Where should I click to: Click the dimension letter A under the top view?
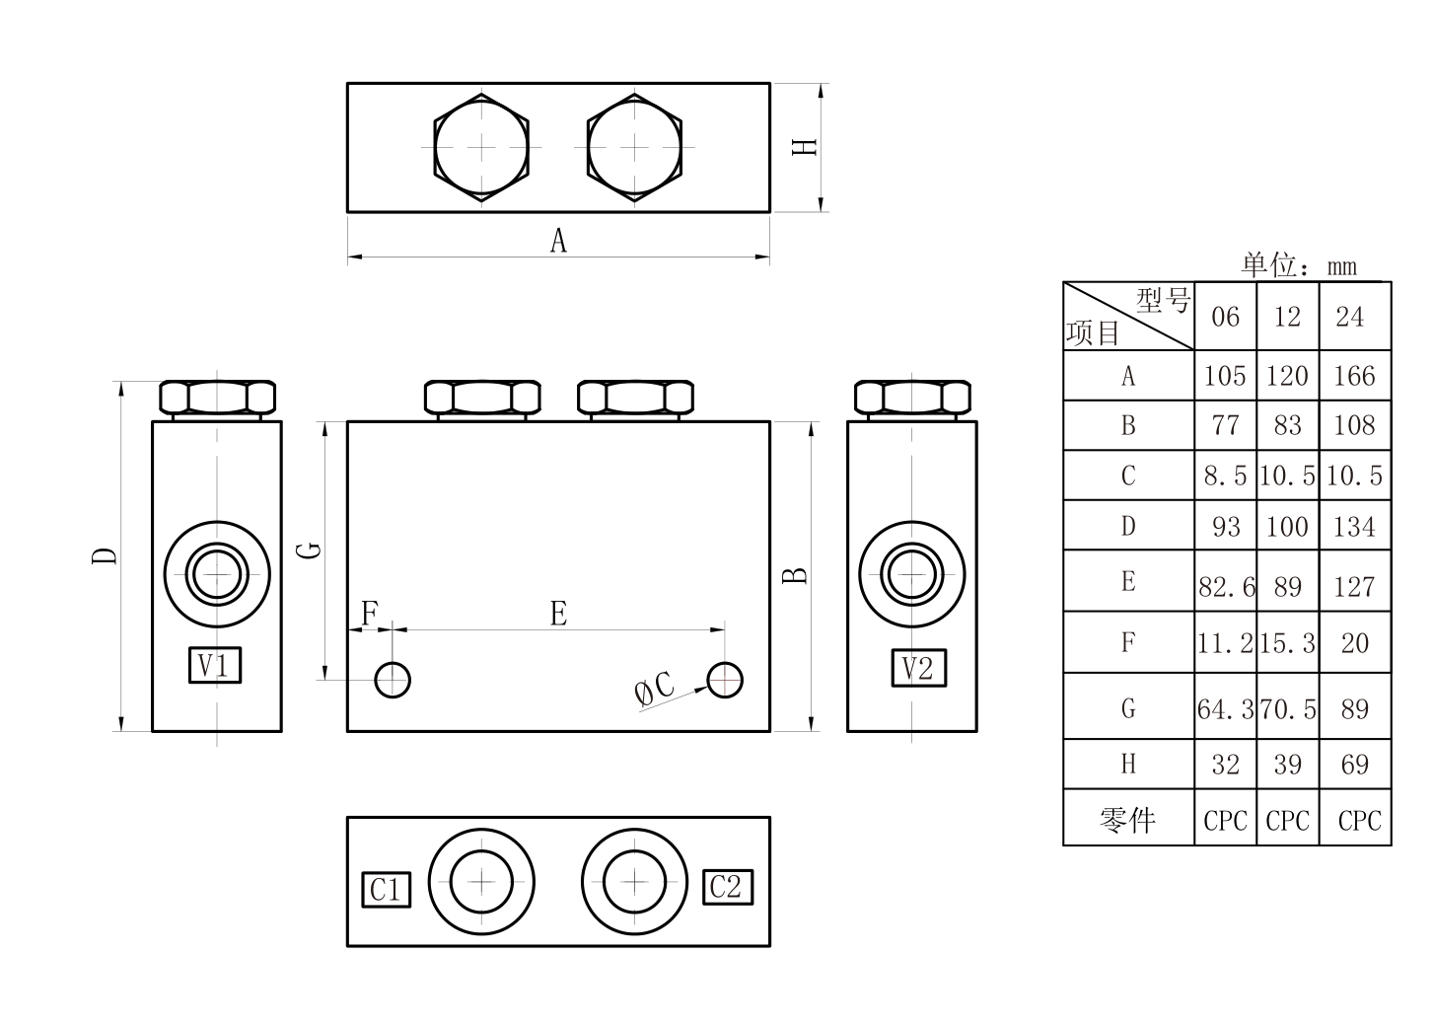(x=558, y=241)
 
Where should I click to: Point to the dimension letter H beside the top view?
(x=805, y=147)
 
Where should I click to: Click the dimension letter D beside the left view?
(x=105, y=555)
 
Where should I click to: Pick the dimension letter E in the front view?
(x=558, y=613)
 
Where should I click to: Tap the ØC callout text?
(x=654, y=688)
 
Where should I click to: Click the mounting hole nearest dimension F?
(x=393, y=680)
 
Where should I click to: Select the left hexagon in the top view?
(x=481, y=147)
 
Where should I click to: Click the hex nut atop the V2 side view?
(x=913, y=398)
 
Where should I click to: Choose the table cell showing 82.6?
(x=1226, y=586)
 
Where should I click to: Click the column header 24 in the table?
(x=1349, y=316)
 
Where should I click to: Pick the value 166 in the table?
(x=1354, y=376)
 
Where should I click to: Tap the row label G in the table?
(x=1128, y=708)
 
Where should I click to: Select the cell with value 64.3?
(x=1226, y=708)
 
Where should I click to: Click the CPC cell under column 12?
(x=1288, y=821)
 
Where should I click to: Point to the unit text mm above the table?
(x=1341, y=266)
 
